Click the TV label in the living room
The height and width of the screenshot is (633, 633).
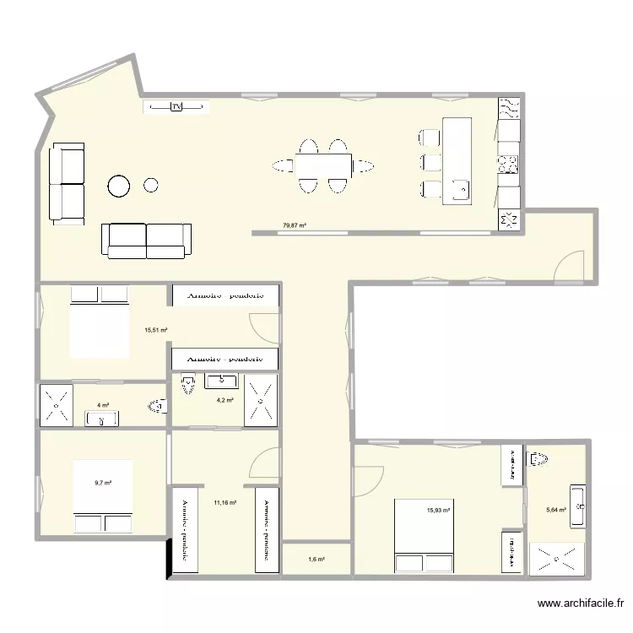[176, 106]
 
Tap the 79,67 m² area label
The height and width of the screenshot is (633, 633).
[294, 225]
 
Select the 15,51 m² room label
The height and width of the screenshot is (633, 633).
[155, 331]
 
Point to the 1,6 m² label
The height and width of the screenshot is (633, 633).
[316, 560]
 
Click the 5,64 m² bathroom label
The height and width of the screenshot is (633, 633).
[557, 509]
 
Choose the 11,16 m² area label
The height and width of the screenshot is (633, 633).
[225, 502]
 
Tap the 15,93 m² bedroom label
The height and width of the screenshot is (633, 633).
[438, 509]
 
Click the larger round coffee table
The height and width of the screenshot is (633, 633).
[119, 185]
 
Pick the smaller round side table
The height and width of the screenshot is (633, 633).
[151, 184]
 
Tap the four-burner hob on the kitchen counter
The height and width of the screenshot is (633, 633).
[509, 163]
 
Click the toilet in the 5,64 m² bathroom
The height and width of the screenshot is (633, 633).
[537, 461]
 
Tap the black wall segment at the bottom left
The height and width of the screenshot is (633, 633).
[168, 556]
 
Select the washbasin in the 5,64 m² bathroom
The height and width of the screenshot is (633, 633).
[578, 507]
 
